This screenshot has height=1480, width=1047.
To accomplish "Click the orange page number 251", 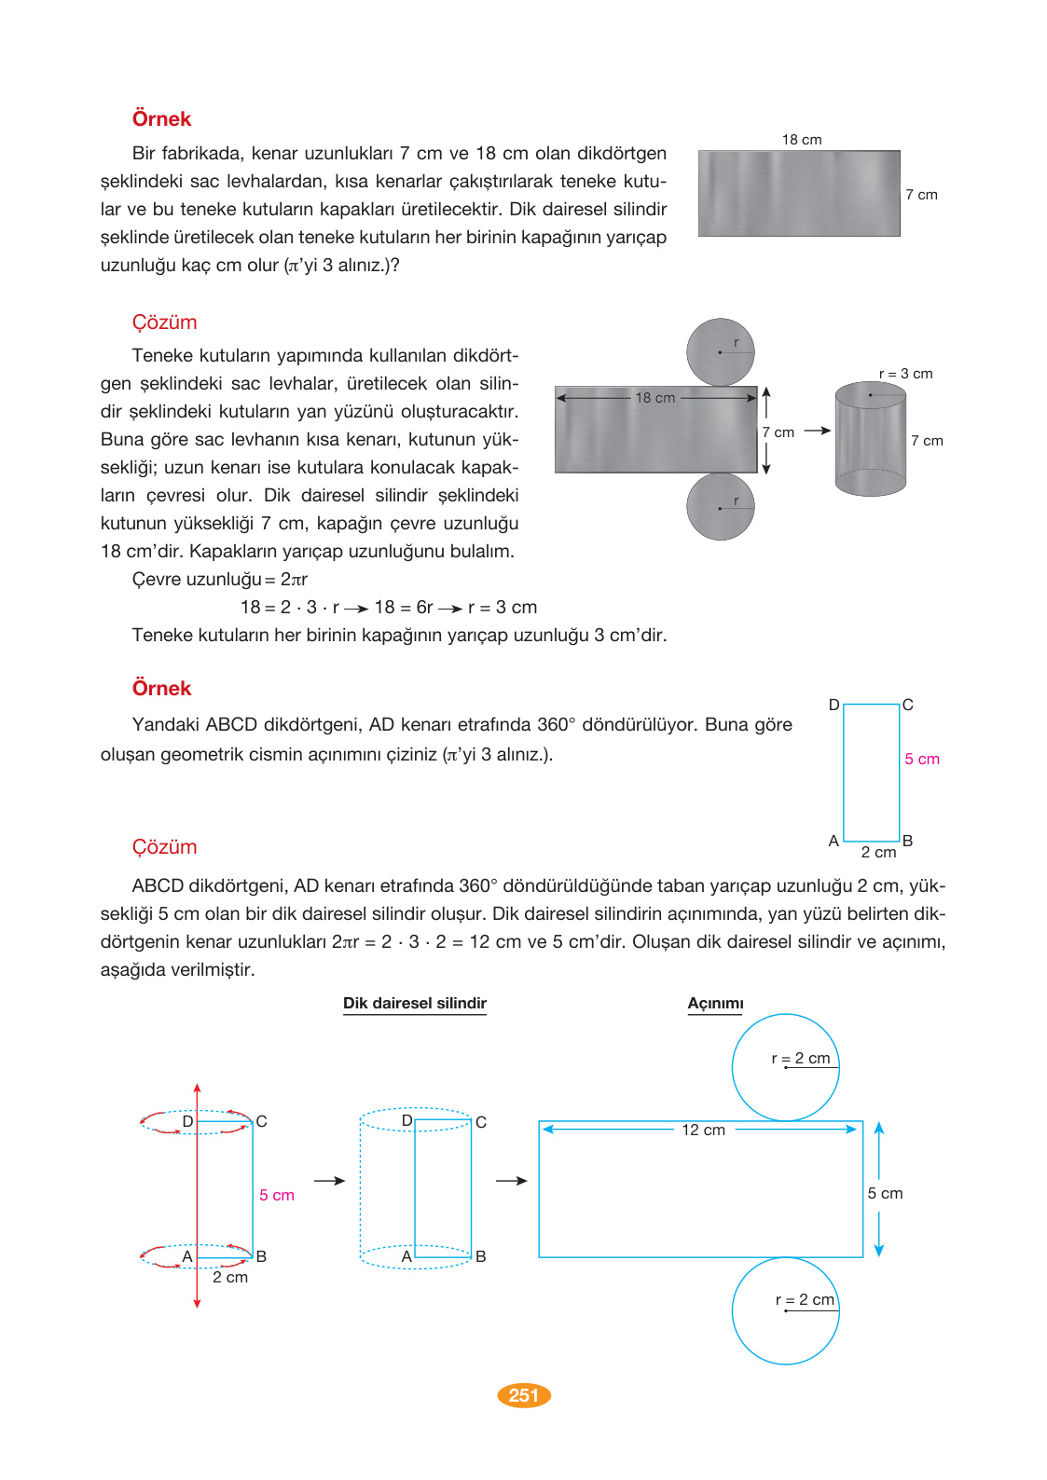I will (524, 1395).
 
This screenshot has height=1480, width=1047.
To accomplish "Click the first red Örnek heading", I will (161, 119).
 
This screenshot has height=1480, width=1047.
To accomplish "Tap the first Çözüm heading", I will (164, 322).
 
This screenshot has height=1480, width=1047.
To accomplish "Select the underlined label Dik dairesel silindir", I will (415, 1004).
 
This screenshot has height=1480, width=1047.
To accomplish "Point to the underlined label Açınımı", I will (715, 1004).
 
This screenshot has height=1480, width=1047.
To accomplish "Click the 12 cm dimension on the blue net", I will (703, 1130).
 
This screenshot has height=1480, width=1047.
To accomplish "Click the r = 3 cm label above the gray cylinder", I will (905, 374).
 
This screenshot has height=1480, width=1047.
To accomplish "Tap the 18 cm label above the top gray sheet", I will (802, 140).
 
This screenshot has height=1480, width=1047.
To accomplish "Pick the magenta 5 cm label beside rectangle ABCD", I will (922, 759).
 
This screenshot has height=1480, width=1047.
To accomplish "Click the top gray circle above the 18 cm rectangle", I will (720, 352).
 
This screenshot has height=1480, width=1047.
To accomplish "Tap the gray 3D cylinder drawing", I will (870, 438).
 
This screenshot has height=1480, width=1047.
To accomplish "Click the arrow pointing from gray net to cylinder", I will (817, 431).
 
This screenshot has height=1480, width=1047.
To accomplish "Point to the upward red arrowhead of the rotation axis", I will (197, 1088).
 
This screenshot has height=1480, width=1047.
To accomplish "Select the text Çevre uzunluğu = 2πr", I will (220, 580).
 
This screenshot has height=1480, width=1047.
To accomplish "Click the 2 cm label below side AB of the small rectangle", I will (878, 853).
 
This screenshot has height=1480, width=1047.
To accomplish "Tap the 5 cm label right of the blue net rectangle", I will (885, 1194).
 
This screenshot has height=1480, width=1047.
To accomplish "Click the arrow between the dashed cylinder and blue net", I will (511, 1181).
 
